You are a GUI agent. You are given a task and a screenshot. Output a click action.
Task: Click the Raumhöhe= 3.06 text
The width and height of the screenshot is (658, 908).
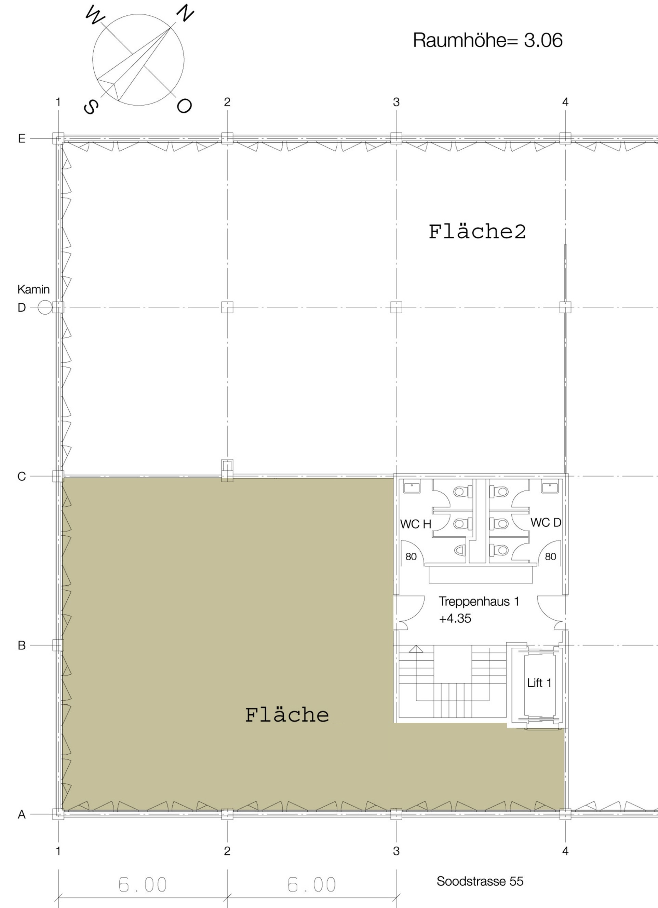[x=487, y=40]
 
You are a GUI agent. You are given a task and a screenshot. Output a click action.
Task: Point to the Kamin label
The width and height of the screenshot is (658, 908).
[x=33, y=289]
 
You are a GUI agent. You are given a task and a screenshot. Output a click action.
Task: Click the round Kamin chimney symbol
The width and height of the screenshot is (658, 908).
[x=45, y=307]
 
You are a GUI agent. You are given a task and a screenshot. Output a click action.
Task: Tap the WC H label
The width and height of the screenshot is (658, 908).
[x=416, y=524]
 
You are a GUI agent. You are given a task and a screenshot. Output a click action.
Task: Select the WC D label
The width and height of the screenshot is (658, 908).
[x=546, y=522]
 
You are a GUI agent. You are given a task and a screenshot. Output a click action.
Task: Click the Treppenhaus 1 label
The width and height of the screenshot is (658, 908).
[x=479, y=601]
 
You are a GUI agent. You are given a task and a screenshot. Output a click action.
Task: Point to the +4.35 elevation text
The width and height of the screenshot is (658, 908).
[x=455, y=619]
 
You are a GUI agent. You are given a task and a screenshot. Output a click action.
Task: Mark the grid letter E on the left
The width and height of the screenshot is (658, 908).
[x=22, y=138]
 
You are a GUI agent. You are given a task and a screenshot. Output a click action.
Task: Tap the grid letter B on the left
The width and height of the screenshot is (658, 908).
[x=22, y=645]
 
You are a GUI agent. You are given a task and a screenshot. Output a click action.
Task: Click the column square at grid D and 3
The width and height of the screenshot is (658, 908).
[x=396, y=307]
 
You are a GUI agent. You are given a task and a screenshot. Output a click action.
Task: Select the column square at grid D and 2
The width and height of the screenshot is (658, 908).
[x=227, y=307]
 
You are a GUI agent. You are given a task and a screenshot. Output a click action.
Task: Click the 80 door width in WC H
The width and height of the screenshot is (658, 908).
[x=411, y=556]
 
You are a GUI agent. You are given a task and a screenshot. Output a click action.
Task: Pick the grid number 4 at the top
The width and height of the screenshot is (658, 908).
[x=565, y=102]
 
